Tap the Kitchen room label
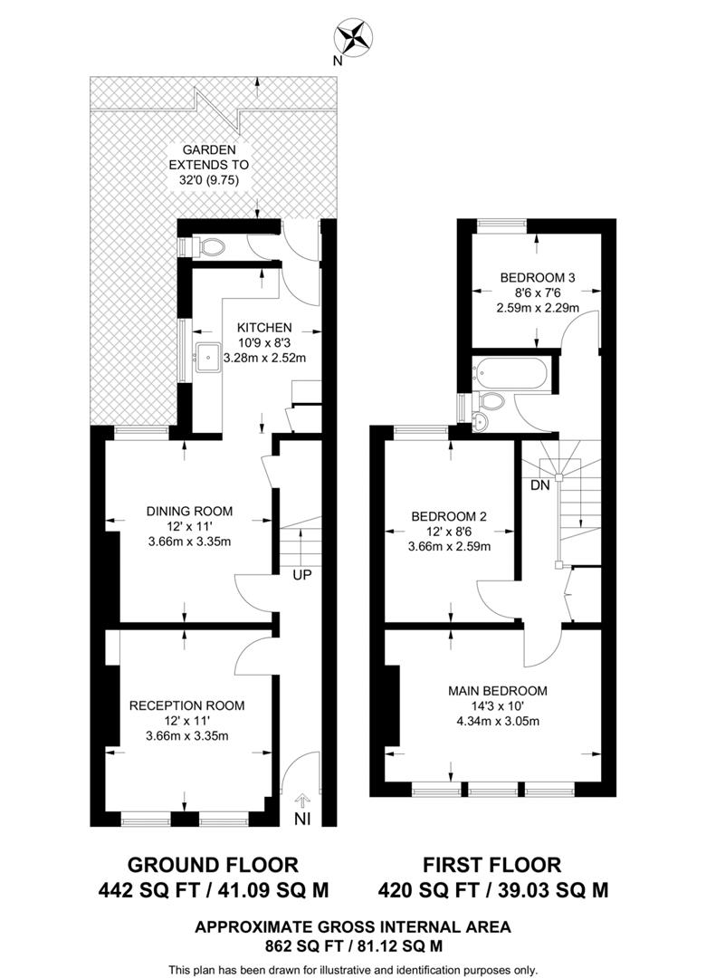click(x=264, y=327)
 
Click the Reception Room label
click(x=186, y=705)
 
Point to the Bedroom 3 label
click(x=538, y=278)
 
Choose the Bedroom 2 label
click(x=451, y=516)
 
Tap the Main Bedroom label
click(x=498, y=691)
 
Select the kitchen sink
click(x=205, y=354)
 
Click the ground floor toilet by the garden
click(x=209, y=245)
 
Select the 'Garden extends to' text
click(x=209, y=165)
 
